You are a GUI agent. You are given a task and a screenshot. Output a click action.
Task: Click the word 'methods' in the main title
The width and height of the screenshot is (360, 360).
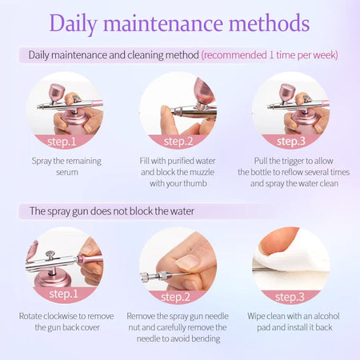270,23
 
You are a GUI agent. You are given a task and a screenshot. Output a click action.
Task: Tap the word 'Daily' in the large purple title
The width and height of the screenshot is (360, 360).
73,24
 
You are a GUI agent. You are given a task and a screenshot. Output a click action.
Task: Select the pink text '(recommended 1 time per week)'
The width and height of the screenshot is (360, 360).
270,55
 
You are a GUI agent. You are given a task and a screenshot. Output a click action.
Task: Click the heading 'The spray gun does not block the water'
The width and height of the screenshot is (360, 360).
112,211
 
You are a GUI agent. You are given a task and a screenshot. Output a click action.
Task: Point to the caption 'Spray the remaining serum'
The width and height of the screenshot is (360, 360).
66,166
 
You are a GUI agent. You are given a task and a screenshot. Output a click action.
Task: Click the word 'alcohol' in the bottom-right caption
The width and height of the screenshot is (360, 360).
326,316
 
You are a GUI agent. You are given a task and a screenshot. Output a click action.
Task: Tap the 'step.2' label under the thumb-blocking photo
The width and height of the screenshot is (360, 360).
178,142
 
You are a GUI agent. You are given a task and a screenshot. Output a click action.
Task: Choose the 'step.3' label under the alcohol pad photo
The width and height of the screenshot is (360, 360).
290,297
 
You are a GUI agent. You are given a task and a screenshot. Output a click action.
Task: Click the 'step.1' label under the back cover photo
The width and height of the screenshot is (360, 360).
63,294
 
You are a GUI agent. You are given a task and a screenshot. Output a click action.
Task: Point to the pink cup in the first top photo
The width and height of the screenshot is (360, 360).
57,92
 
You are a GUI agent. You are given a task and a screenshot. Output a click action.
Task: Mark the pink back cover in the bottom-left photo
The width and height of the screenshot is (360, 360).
90,258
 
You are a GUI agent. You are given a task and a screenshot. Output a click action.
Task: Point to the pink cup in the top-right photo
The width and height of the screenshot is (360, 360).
287,92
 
